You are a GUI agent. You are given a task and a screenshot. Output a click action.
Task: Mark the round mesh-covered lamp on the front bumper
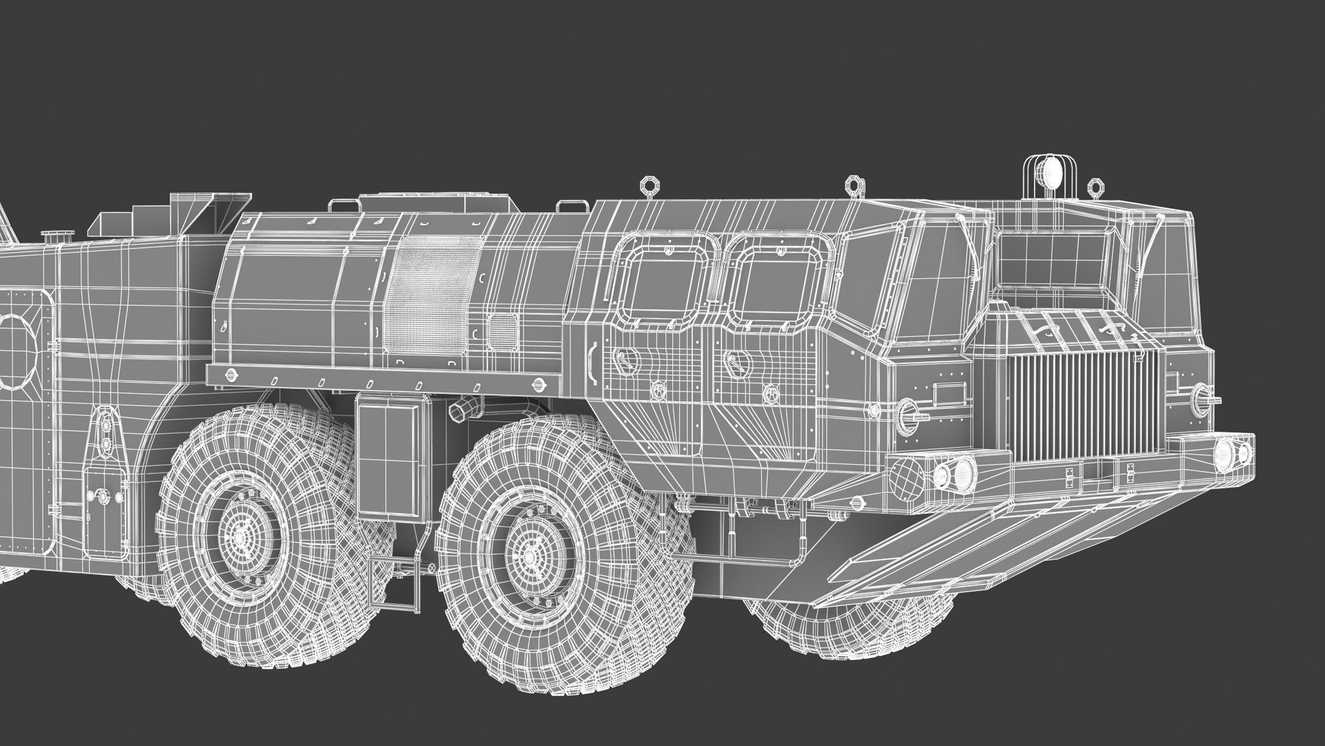point(906,475)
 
